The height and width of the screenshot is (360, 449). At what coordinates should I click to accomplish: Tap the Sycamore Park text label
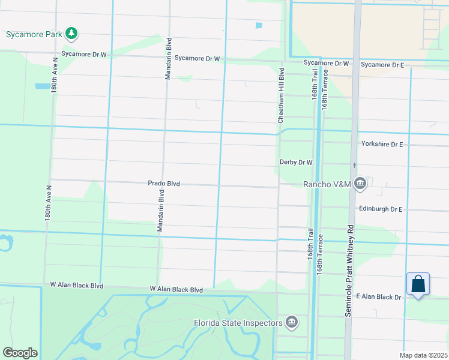tap(33, 34)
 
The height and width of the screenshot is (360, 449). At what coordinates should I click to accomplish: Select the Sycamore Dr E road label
tap(382, 64)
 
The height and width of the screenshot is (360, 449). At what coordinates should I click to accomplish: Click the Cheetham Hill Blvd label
tap(280, 96)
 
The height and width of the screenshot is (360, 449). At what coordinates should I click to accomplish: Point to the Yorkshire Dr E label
tap(382, 145)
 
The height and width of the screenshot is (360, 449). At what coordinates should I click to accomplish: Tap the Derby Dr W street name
tap(297, 163)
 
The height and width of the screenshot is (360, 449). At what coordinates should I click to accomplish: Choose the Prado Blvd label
tap(164, 184)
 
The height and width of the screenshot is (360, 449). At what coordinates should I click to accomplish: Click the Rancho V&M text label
tap(327, 184)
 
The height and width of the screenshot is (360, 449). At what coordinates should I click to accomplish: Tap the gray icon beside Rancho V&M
tap(360, 184)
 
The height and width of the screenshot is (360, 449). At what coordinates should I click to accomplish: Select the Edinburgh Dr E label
tap(381, 209)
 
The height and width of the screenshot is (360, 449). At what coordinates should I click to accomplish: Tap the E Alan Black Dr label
tap(378, 297)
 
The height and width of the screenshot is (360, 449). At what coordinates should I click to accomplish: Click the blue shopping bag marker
tap(418, 284)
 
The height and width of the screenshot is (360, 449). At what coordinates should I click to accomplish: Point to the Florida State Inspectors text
tap(238, 323)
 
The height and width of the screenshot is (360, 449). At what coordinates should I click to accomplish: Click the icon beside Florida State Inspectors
tap(292, 323)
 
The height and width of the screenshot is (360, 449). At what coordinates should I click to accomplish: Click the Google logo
tap(20, 353)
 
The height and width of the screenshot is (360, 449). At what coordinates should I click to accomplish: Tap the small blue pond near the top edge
tap(259, 26)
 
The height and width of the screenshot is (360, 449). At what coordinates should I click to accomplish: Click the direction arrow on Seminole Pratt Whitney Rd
tap(355, 165)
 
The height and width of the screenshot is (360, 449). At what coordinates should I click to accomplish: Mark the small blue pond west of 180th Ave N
tap(43, 86)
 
